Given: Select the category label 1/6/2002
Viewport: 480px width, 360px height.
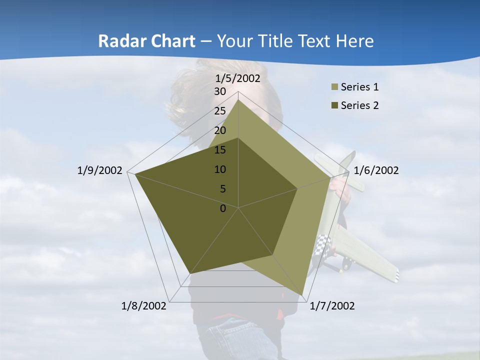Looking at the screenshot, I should click(376, 170).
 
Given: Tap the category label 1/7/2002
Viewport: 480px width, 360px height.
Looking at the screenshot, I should click(332, 305).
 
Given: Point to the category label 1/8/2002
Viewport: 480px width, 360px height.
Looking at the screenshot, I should click(144, 305).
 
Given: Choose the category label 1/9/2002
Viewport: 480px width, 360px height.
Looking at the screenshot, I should click(99, 170).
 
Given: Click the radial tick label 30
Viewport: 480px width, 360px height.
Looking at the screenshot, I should click(220, 91).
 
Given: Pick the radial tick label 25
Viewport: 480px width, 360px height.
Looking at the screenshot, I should click(220, 111).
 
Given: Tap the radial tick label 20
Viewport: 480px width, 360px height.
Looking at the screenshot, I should click(220, 130).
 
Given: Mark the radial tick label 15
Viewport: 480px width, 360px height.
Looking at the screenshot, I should click(220, 150).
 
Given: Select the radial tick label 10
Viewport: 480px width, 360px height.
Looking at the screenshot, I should click(220, 169).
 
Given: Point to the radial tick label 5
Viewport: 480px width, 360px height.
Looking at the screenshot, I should click(222, 189).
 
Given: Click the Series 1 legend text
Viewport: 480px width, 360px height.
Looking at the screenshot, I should click(359, 87).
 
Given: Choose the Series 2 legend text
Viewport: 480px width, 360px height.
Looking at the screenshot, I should click(359, 105).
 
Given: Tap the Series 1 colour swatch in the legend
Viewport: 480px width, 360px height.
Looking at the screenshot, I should click(333, 87).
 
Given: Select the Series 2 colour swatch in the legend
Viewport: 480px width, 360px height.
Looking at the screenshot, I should click(333, 106).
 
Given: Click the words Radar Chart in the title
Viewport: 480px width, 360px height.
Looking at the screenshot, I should click(146, 41).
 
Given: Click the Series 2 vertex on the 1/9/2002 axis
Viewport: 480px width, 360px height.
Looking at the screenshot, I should click(134, 174).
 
